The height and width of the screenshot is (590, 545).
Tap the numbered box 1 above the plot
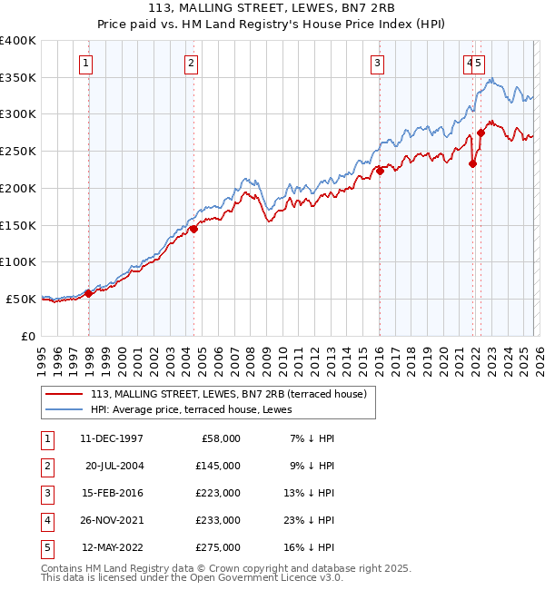point(85,63)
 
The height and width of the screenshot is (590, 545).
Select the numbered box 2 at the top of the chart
point(192,63)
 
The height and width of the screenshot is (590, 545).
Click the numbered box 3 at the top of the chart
point(376,63)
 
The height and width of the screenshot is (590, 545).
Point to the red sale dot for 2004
point(194,230)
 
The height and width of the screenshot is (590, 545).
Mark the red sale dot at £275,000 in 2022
point(481,133)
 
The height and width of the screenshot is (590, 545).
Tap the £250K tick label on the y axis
point(18,151)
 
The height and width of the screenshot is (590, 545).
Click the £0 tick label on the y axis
point(28,336)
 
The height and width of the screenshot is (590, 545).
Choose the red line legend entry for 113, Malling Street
point(228,394)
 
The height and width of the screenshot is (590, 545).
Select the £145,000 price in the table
point(217,465)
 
